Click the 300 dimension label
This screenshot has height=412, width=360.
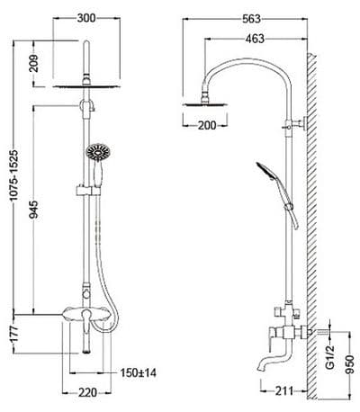pyautogui.click(x=86, y=18)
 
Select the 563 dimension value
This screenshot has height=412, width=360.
pyautogui.click(x=251, y=19)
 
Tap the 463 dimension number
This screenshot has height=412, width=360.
pyautogui.click(x=255, y=39)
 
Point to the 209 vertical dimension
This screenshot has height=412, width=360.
pyautogui.click(x=35, y=63)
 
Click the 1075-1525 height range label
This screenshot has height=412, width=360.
pyautogui.click(x=14, y=175)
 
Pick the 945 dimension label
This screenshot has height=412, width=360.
pyautogui.click(x=35, y=210)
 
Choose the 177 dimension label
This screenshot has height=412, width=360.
pyautogui.click(x=14, y=334)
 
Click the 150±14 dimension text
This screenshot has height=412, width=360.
pyautogui.click(x=139, y=372)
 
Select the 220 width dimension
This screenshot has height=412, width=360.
pyautogui.click(x=87, y=392)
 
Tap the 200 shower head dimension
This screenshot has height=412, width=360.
pyautogui.click(x=207, y=125)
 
